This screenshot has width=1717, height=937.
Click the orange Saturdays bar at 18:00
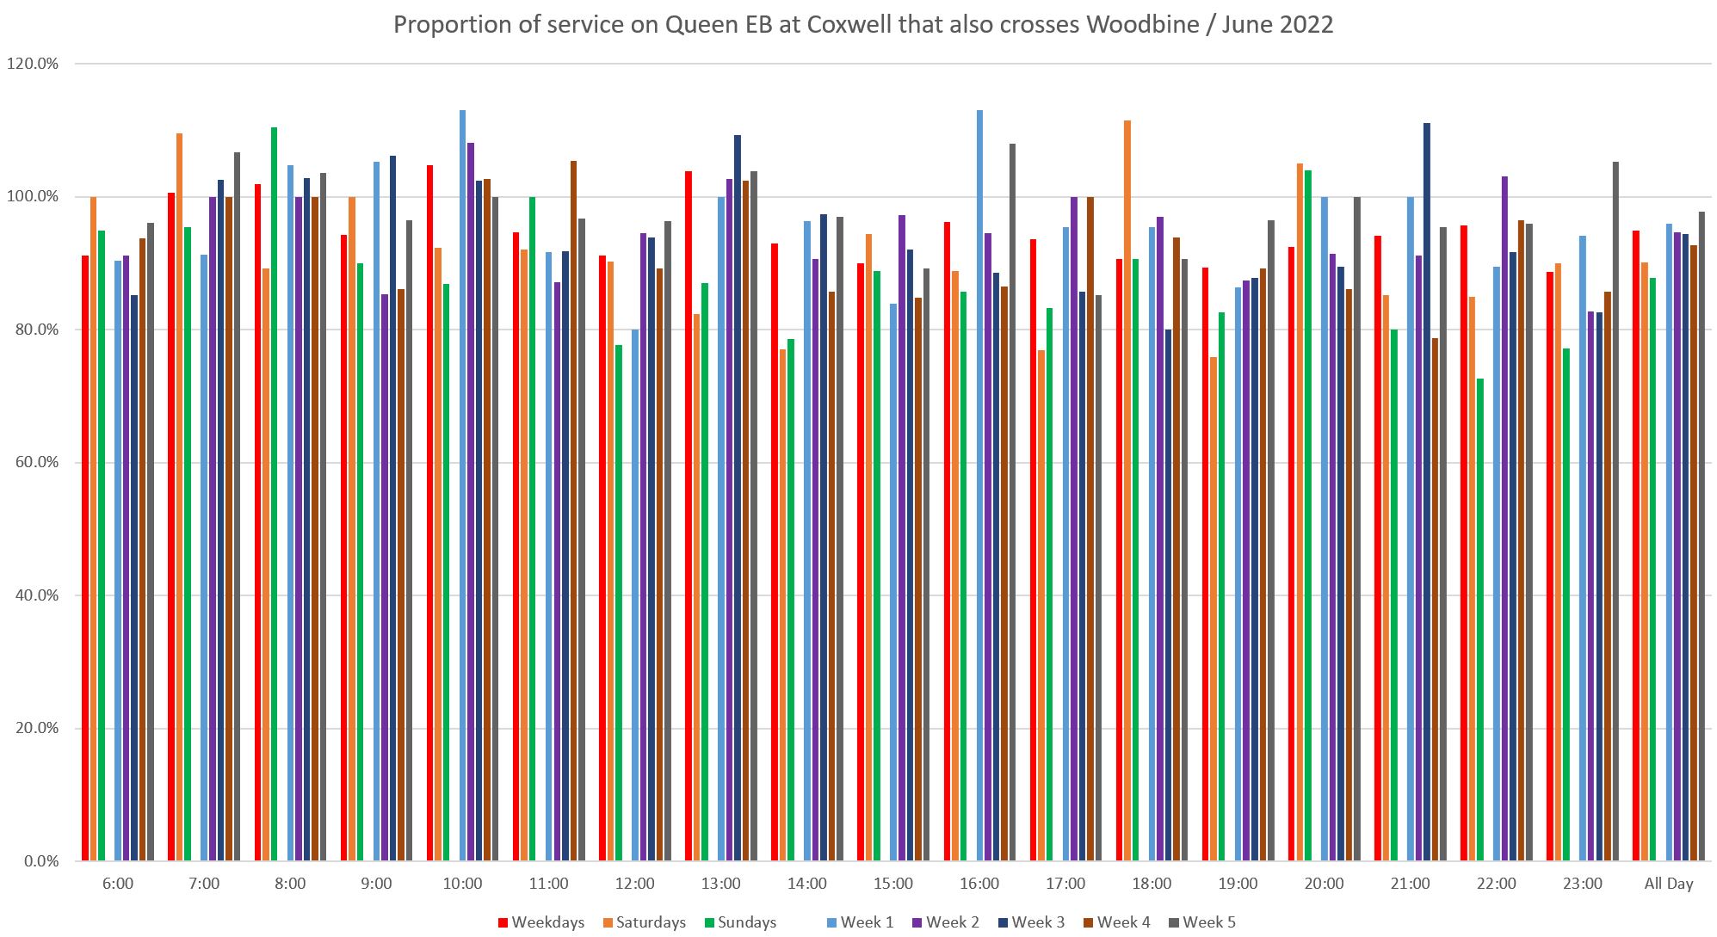1127,490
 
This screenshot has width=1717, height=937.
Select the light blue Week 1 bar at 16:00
979,485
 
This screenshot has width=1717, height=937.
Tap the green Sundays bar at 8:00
274,494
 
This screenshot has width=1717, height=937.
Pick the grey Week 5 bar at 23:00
1615,511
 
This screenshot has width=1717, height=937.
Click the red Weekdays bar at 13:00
689,516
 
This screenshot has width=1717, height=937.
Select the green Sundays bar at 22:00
1480,620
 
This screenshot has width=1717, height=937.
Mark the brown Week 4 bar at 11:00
574,511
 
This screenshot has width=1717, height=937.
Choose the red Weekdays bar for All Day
1636,546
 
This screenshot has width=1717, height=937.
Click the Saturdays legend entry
643,922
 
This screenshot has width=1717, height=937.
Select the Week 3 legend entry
1030,922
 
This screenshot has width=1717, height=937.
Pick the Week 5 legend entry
1201,922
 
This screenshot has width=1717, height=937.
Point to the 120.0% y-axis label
33,64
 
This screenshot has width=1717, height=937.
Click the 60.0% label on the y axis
35,462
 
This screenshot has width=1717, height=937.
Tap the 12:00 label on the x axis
635,884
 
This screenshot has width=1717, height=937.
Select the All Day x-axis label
1669,884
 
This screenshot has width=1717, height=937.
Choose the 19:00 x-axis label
1238,884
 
